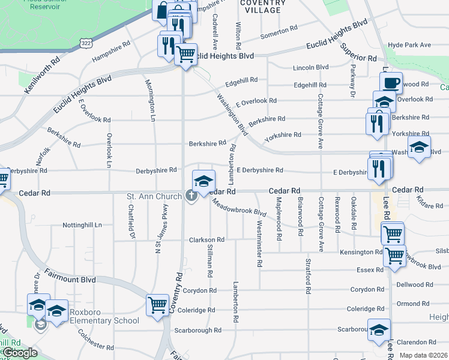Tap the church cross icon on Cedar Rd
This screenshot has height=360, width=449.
[192, 196]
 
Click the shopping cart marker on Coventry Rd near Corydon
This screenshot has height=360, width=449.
[157, 304]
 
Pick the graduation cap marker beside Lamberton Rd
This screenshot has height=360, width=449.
[203, 181]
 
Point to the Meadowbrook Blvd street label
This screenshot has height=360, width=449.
[240, 207]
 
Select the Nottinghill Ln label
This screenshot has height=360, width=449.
[83, 226]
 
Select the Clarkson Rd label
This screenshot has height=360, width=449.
[206, 239]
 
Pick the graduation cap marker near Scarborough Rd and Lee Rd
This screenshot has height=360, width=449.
[379, 329]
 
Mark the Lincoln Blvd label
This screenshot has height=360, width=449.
[310, 68]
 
